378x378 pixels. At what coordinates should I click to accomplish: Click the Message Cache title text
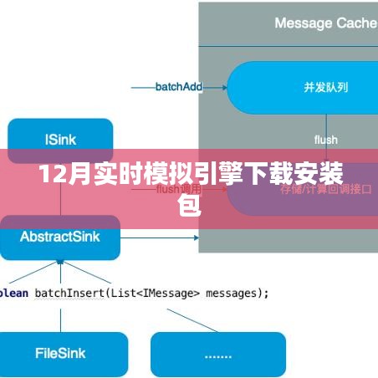[325, 23]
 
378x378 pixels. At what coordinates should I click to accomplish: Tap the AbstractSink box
[60, 237]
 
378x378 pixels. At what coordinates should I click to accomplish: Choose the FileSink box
[59, 354]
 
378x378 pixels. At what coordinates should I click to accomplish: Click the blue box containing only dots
[217, 354]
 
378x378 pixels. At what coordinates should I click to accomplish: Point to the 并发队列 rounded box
[302, 87]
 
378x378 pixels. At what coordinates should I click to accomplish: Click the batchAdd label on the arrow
[179, 86]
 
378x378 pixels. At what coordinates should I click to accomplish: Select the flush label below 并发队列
[326, 140]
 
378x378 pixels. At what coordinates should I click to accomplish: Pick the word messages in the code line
[236, 293]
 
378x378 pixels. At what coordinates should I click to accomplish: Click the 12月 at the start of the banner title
[57, 177]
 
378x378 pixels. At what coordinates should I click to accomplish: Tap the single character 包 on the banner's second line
[190, 204]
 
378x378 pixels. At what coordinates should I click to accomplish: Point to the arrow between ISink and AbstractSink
[60, 190]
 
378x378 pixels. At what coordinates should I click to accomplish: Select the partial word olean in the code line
[15, 293]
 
